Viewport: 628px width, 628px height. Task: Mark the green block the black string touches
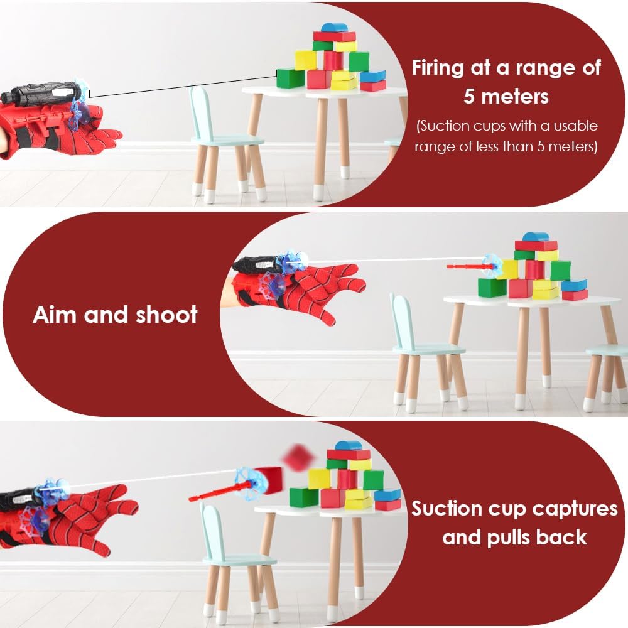[291, 78]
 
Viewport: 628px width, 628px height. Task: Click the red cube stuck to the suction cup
[268, 480]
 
